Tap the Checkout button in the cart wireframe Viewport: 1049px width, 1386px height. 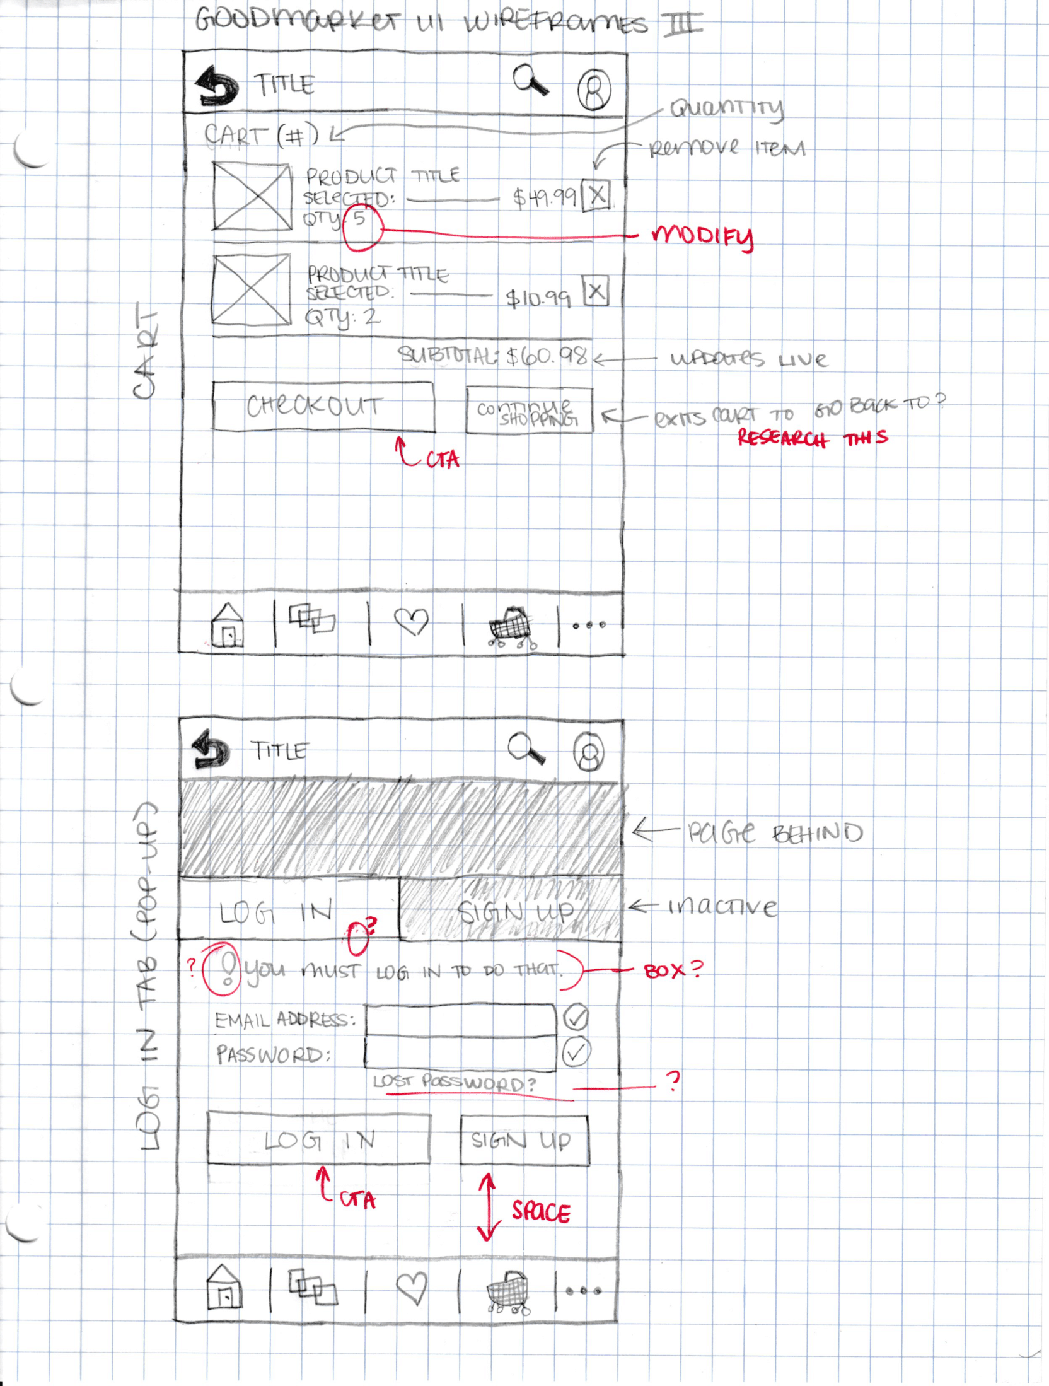click(x=323, y=406)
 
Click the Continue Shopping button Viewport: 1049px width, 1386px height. click(x=529, y=411)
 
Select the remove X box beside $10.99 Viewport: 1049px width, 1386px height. click(x=596, y=292)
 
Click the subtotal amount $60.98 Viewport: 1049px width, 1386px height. click(x=547, y=357)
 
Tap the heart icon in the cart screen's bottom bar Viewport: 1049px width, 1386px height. click(x=411, y=622)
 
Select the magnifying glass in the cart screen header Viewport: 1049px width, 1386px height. click(x=529, y=80)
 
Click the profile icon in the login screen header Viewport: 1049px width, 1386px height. click(x=588, y=752)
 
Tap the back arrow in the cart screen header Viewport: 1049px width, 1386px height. click(x=217, y=86)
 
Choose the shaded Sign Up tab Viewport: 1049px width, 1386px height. click(x=510, y=911)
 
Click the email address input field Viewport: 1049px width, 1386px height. click(x=460, y=1019)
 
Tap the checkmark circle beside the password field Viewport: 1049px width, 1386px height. click(x=576, y=1052)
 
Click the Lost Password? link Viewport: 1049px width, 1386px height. click(x=454, y=1083)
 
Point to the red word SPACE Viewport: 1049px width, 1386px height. click(x=541, y=1212)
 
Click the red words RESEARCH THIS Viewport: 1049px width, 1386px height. click(x=812, y=438)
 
